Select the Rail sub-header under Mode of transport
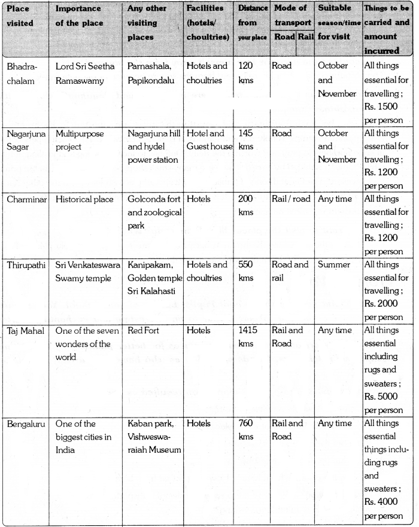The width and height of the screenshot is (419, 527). pos(306,36)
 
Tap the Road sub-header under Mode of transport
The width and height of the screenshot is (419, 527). pos(284,36)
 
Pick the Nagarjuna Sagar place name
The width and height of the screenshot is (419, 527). pos(22,140)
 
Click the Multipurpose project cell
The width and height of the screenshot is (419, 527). pos(80,140)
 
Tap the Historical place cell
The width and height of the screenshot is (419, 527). pos(85,199)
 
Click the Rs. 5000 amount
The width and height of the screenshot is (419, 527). pos(384,398)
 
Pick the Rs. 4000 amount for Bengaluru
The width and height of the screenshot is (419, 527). pos(384,503)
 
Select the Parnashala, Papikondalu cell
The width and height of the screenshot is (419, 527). pos(153,72)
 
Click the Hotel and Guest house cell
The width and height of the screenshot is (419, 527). pos(209,140)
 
